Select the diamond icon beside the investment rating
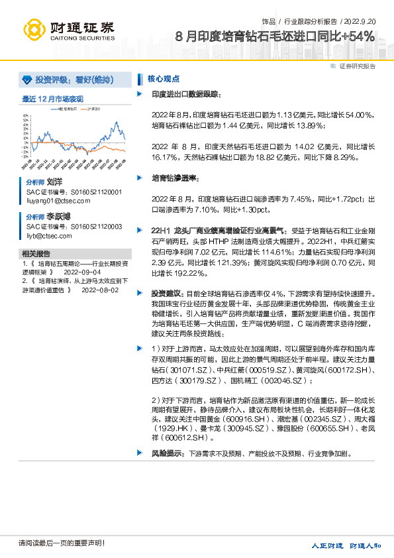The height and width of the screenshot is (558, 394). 26,80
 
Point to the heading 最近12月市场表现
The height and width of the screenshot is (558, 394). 52,99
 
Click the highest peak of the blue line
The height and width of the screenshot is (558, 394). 117,122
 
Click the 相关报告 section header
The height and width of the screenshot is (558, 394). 36,254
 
